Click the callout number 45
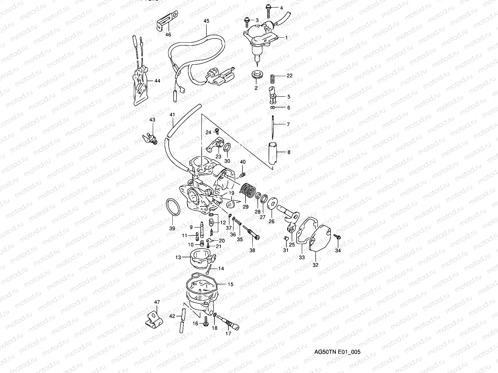coord(206,21)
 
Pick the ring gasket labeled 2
coord(256,75)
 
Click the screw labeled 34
coord(338,237)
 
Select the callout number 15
coord(230,284)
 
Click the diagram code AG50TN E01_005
coord(338,352)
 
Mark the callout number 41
coord(172,115)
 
